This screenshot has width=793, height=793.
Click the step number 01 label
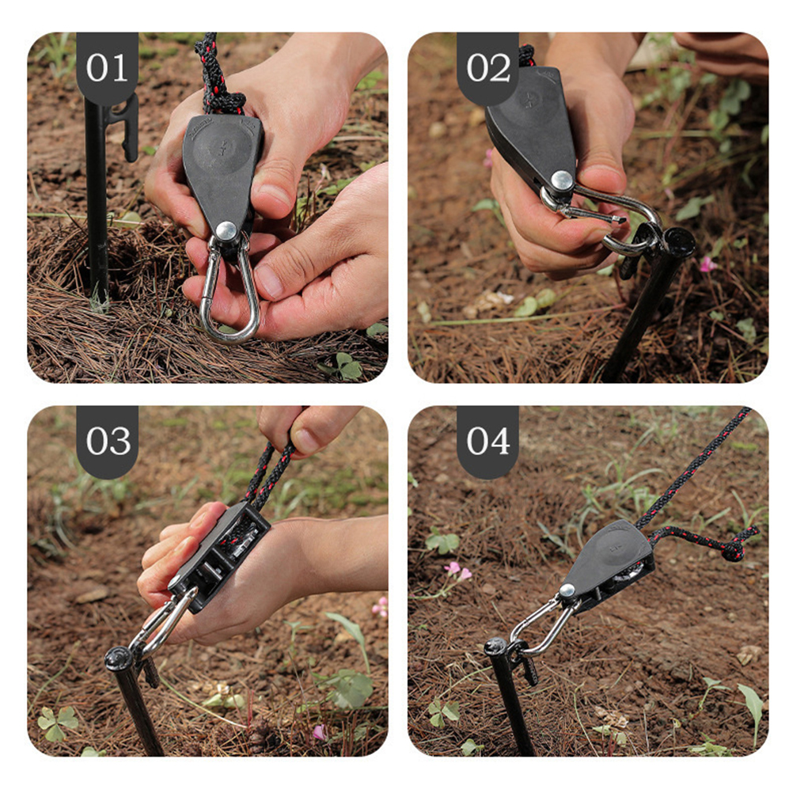click(107, 68)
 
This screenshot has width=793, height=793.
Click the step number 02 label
click(488, 68)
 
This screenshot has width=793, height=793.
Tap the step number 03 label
click(108, 441)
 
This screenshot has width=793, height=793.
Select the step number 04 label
click(488, 441)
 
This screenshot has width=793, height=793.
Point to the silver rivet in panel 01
click(226, 231)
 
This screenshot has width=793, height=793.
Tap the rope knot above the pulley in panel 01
click(222, 101)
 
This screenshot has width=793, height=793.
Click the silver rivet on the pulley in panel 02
click(562, 180)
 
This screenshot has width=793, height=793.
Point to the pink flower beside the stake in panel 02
click(707, 264)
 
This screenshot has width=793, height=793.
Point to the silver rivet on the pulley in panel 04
click(567, 590)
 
